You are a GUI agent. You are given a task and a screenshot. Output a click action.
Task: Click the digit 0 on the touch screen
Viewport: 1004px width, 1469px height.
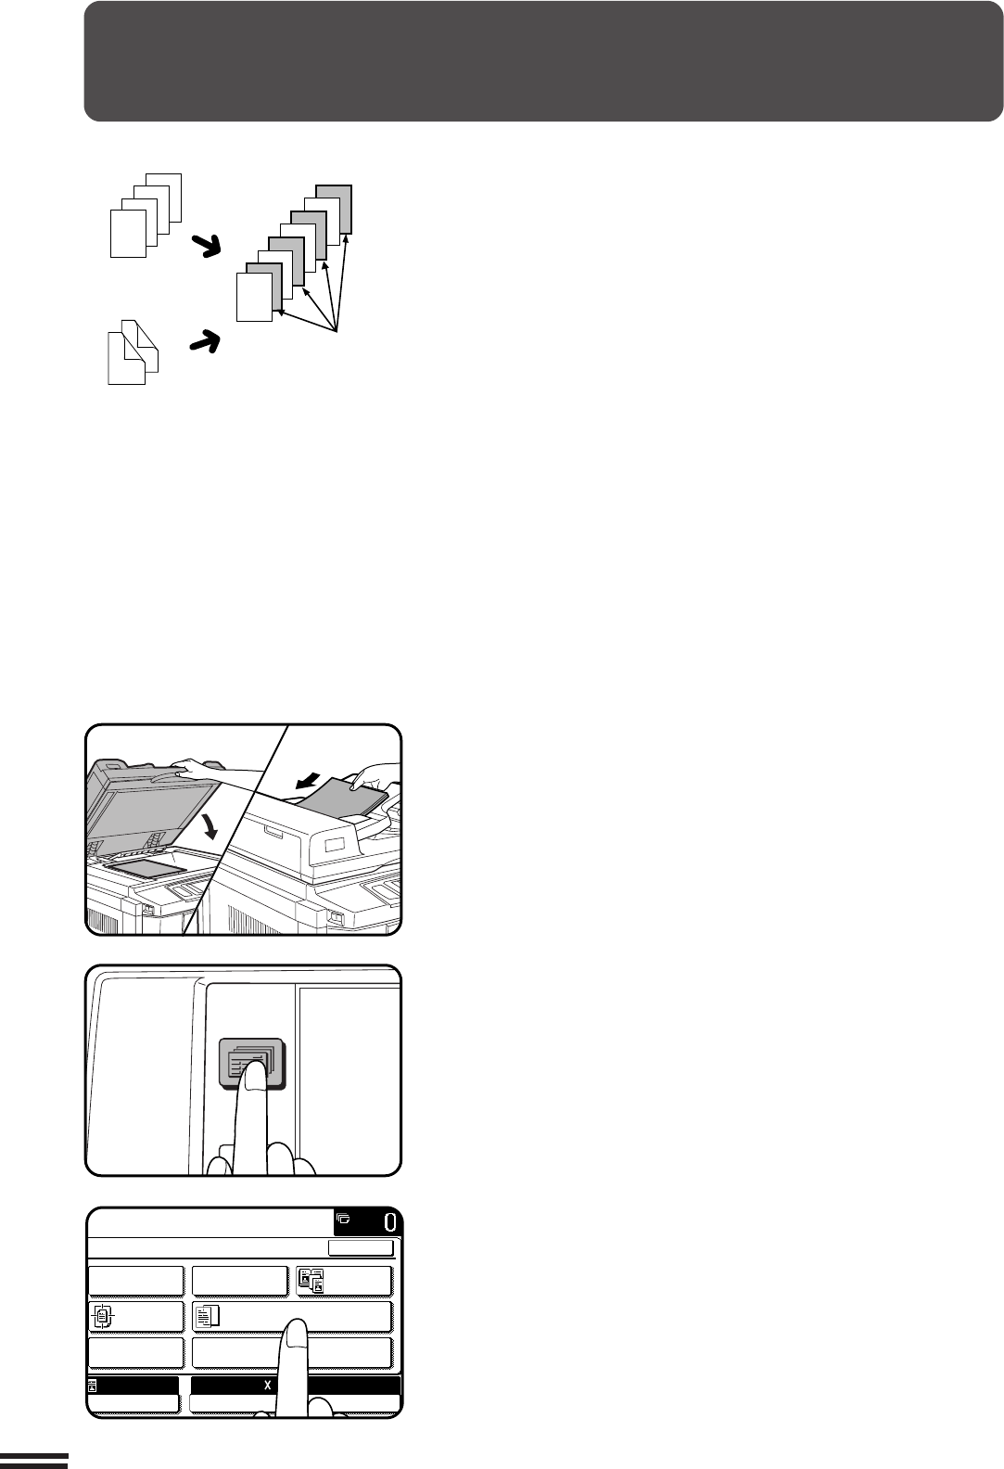click(x=390, y=1222)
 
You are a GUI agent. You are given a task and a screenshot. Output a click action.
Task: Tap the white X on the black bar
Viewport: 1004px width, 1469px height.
click(x=267, y=1386)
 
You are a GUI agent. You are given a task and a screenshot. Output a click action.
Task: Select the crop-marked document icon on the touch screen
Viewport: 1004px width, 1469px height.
click(x=102, y=1316)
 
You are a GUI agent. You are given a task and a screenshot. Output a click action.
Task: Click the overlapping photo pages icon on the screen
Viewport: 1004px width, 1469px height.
click(x=311, y=1281)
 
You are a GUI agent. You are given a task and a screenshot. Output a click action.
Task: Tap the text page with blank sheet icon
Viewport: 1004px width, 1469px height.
click(x=208, y=1316)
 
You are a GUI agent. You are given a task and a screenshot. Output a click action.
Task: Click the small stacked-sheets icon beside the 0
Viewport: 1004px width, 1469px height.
click(x=343, y=1220)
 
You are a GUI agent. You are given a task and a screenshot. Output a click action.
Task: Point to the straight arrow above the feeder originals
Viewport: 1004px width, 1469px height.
click(x=309, y=780)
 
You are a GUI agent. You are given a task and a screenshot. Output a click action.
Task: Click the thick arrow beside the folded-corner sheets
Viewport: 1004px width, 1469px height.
click(x=205, y=341)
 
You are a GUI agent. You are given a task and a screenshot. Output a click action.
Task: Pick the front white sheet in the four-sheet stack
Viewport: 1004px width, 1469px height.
click(x=129, y=234)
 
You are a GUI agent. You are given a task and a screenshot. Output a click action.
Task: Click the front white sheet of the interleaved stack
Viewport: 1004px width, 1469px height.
click(x=254, y=297)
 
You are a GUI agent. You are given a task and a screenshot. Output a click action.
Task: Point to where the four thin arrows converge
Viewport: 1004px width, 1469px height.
click(x=336, y=330)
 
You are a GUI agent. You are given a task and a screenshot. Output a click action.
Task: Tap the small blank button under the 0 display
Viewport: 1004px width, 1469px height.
click(x=361, y=1247)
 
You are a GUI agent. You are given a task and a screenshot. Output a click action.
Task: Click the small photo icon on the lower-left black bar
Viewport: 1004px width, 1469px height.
click(x=93, y=1386)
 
